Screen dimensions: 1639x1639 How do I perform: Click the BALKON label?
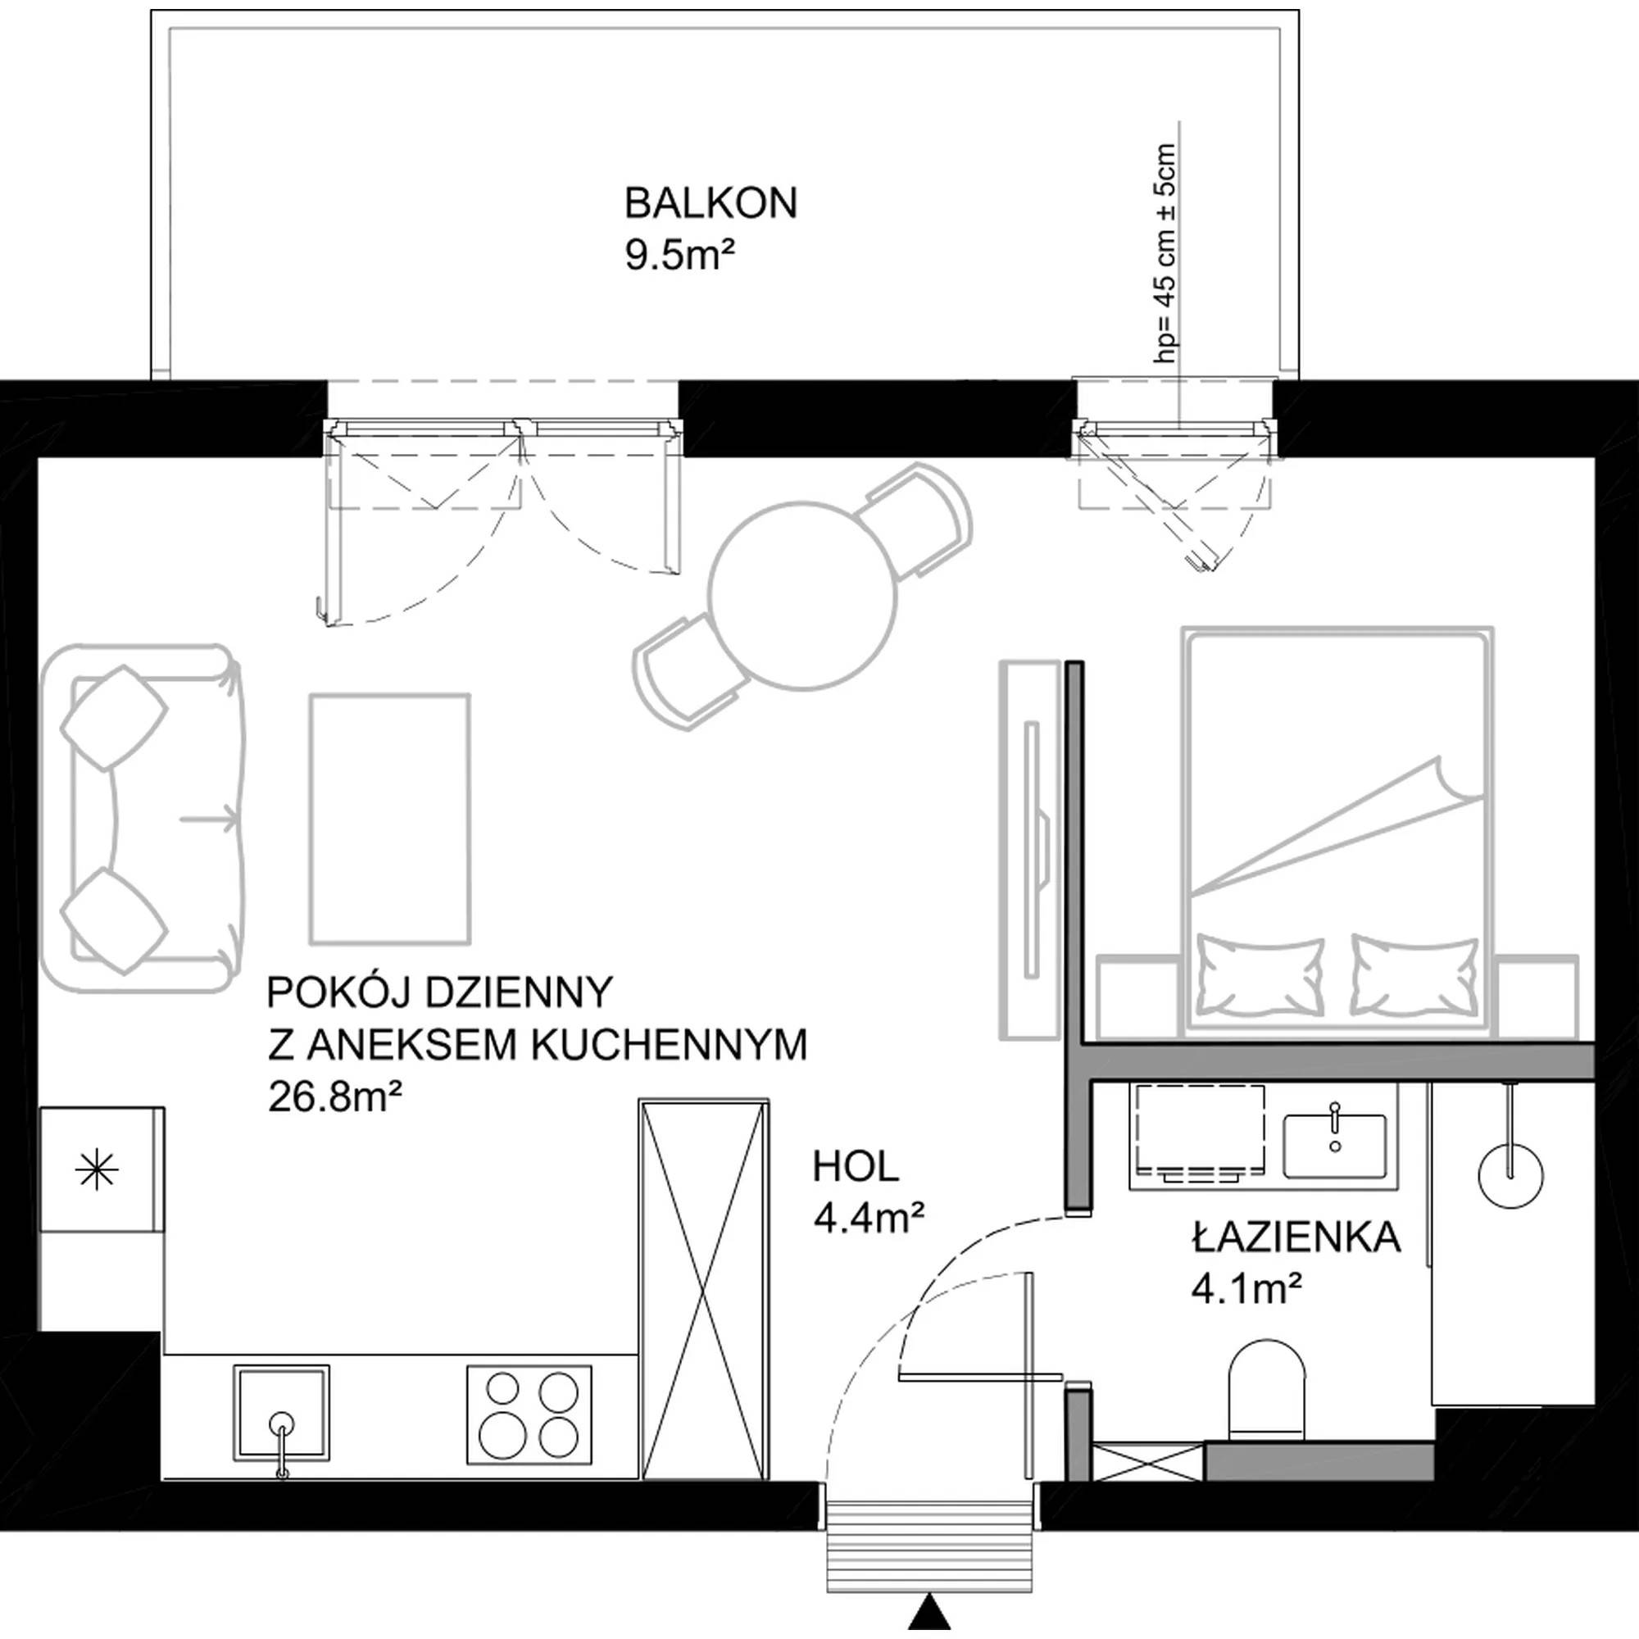(x=711, y=204)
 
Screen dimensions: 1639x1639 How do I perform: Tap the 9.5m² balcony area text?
(x=679, y=256)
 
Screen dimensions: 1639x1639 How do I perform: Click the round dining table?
(x=802, y=595)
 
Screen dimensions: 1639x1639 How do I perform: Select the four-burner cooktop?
(x=529, y=1414)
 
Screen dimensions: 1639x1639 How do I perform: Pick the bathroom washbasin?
(x=1334, y=1147)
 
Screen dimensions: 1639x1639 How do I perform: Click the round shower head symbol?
(x=1510, y=1176)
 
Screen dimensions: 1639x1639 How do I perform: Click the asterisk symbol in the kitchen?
(x=97, y=1173)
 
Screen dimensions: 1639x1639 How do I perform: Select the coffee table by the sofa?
(x=389, y=819)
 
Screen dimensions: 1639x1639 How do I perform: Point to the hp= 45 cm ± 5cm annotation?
(x=1166, y=252)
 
